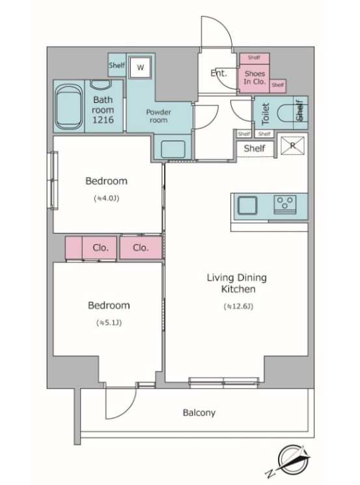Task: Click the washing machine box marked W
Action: (140, 67)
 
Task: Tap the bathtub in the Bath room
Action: (68, 107)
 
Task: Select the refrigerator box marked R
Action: (292, 145)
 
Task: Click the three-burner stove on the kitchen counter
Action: (285, 204)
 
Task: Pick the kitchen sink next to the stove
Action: (247, 205)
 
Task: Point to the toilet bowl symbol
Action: (285, 113)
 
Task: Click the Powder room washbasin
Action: (173, 149)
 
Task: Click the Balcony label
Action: (199, 413)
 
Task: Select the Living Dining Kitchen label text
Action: (237, 283)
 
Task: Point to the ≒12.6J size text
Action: (238, 306)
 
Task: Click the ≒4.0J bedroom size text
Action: (106, 199)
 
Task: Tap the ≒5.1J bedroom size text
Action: (109, 323)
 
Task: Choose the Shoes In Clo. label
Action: (255, 77)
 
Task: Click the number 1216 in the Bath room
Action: (103, 120)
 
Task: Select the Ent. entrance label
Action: (218, 74)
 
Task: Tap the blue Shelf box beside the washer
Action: (117, 65)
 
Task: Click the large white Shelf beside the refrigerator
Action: (255, 148)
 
